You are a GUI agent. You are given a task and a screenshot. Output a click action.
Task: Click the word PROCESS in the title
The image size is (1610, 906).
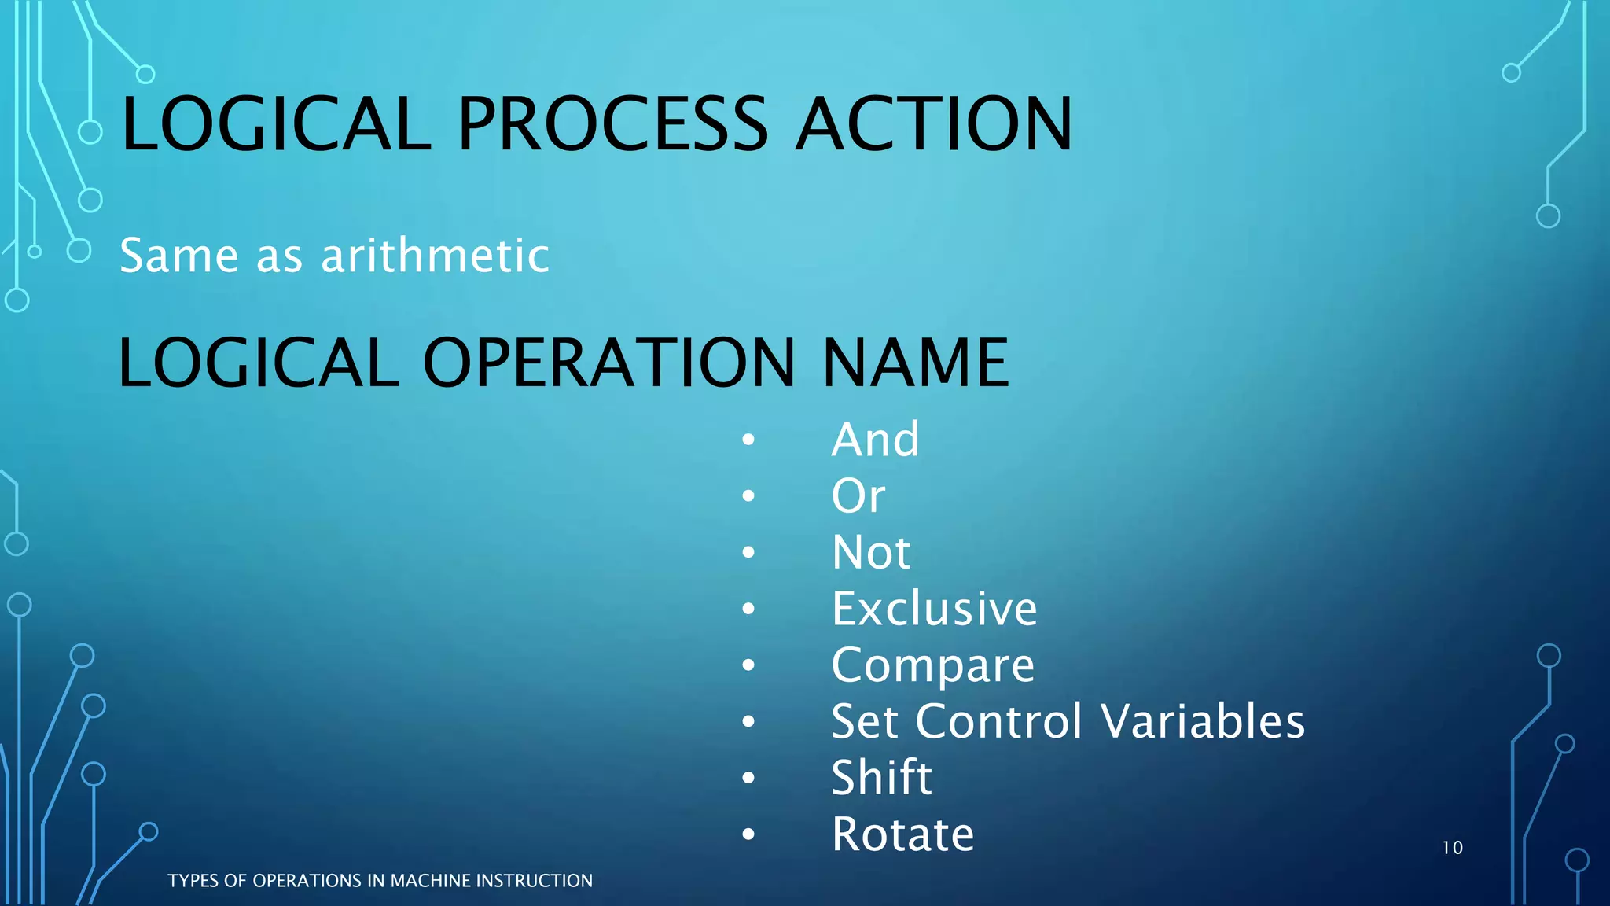coord(612,124)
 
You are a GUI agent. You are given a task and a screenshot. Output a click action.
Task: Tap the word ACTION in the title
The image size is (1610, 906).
coord(934,124)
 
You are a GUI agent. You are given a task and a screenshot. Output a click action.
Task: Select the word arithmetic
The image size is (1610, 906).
coord(435,256)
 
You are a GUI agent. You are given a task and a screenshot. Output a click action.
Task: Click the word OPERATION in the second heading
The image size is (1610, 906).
coord(609,363)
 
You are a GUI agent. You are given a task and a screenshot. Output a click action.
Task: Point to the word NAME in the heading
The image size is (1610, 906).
coord(915,363)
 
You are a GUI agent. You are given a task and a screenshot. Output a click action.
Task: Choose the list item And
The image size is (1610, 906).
coord(875,439)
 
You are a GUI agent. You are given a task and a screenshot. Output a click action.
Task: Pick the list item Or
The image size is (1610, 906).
coord(858,495)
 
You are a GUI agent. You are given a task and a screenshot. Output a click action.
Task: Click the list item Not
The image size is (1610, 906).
coord(871,552)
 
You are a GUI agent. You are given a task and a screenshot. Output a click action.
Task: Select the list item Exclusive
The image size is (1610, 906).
coord(935,609)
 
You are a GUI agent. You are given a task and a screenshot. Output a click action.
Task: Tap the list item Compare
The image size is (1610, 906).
coord(933,666)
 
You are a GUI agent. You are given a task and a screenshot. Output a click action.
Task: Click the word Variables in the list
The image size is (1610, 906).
coord(1203,721)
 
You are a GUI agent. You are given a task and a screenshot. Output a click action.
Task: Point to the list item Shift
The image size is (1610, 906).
coord(881,778)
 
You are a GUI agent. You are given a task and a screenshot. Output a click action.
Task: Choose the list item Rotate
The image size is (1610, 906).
coord(902,834)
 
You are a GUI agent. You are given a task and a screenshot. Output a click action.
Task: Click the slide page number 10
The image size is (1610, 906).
coord(1452,848)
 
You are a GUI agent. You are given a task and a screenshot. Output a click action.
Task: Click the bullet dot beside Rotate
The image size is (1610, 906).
coord(748,834)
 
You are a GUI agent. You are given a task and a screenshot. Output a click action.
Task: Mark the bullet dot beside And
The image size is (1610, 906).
coord(748,440)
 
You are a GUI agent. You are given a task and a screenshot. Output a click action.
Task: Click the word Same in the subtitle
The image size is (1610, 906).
coord(178,256)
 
